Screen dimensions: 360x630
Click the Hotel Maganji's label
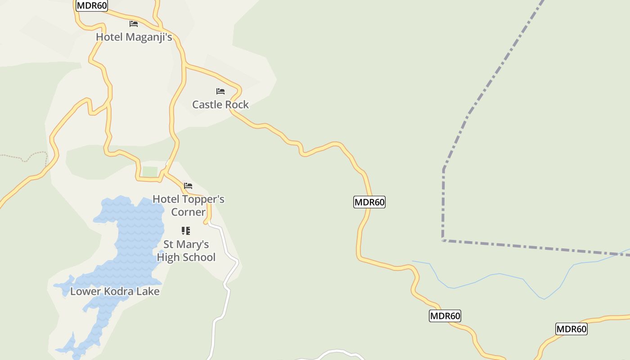[134, 37]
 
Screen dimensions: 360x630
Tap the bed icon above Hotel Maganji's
[134, 23]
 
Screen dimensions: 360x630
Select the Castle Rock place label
[220, 104]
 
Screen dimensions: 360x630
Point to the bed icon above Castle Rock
[220, 91]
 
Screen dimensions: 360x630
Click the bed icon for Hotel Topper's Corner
[188, 185]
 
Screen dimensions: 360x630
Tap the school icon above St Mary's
[186, 231]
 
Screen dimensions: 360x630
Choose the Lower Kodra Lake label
[115, 291]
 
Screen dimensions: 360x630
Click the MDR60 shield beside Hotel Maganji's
[92, 5]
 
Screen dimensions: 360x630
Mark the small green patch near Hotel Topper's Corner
[150, 172]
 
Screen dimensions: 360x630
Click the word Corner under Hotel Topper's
[188, 212]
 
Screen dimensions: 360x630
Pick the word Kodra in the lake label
[119, 291]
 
